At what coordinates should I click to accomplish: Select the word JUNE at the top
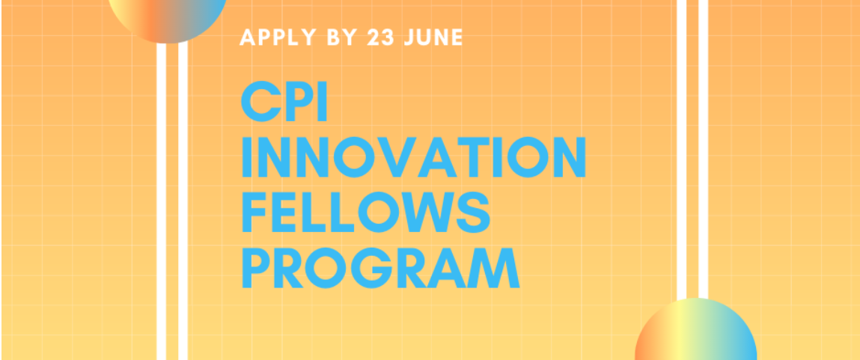pyautogui.click(x=434, y=37)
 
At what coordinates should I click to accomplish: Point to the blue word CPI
pyautogui.click(x=284, y=101)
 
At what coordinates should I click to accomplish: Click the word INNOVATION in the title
pyautogui.click(x=414, y=157)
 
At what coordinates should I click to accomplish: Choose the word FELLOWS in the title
pyautogui.click(x=366, y=213)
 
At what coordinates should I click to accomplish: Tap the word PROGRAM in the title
pyautogui.click(x=381, y=268)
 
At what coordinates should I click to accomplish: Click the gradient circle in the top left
pyautogui.click(x=167, y=17)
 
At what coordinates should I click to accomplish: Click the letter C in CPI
pyautogui.click(x=262, y=101)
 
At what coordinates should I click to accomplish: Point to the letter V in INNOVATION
pyautogui.click(x=397, y=157)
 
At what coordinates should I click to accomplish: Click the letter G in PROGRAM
pyautogui.click(x=371, y=268)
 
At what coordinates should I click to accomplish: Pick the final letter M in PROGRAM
pyautogui.click(x=493, y=268)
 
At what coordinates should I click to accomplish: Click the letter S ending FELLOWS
pyautogui.click(x=473, y=213)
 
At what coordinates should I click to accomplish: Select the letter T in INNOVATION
pyautogui.click(x=473, y=157)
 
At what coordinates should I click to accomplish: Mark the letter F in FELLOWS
pyautogui.click(x=254, y=213)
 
